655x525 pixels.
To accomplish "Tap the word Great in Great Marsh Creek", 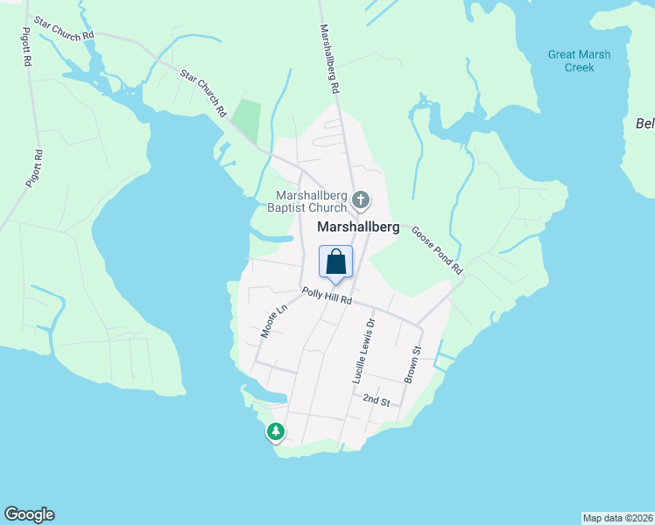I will click(562, 54).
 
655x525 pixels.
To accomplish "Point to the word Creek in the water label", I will click(578, 67).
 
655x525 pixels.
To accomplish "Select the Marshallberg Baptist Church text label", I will click(312, 201).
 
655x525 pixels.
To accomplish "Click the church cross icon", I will click(360, 201).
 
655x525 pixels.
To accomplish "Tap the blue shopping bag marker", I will click(336, 262).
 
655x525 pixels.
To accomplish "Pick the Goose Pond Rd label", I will click(435, 248).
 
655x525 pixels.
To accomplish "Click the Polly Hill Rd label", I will click(327, 297).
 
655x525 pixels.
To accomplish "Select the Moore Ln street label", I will click(274, 321).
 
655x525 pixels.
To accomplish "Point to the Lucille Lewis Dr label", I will click(363, 350).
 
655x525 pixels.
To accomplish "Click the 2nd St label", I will click(377, 399).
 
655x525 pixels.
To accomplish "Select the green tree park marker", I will click(276, 431).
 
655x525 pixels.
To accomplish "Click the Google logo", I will click(29, 514).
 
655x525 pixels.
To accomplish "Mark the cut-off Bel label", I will click(644, 123).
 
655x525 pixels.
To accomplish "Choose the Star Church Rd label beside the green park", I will click(203, 94).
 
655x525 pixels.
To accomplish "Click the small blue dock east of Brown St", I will click(444, 357).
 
